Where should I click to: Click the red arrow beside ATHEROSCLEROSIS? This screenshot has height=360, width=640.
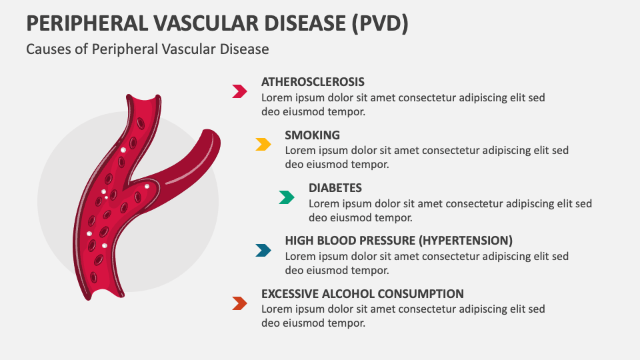click(x=239, y=91)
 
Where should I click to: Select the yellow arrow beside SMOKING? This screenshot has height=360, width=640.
click(x=263, y=144)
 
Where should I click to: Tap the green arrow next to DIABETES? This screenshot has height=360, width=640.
click(x=287, y=197)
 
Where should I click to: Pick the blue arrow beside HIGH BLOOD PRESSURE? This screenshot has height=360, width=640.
click(x=263, y=250)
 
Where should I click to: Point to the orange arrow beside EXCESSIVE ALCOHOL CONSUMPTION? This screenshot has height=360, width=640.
click(x=239, y=303)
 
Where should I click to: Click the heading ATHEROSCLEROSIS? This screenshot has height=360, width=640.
click(x=313, y=82)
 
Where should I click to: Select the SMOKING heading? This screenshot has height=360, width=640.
click(x=312, y=135)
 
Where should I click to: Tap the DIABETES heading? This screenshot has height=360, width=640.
click(x=335, y=188)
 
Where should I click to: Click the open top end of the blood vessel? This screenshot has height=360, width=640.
click(x=143, y=99)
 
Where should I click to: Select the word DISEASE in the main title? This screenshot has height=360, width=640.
click(x=302, y=23)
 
